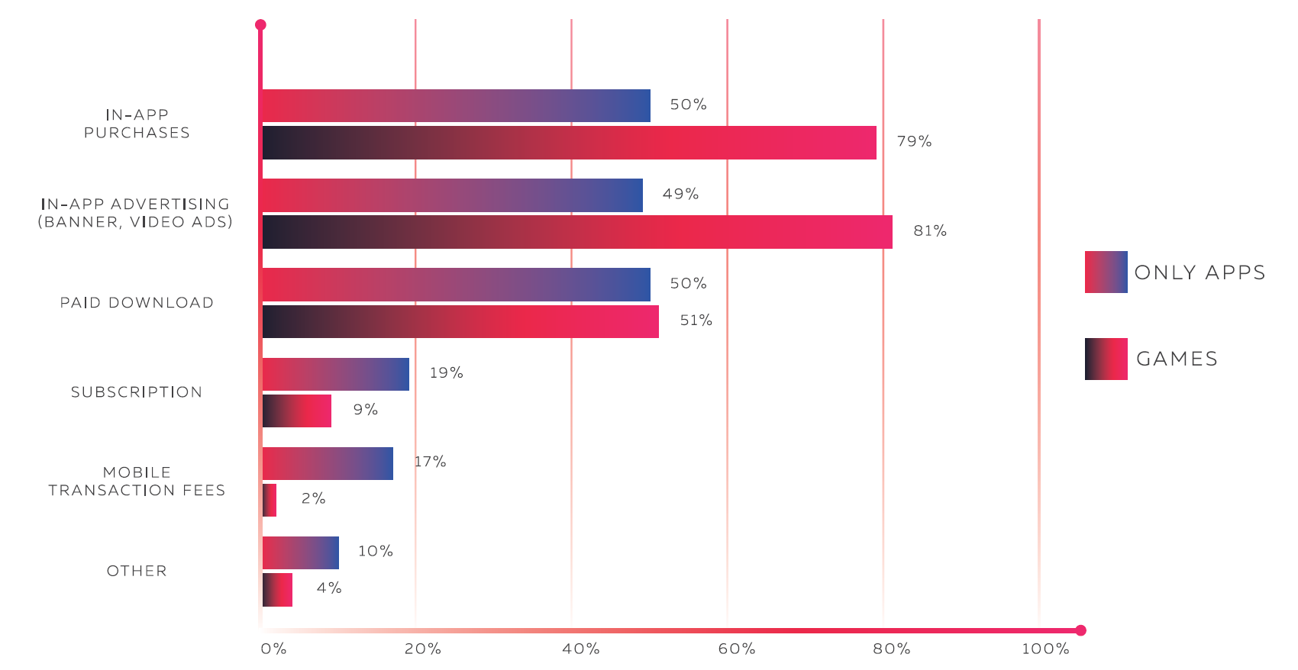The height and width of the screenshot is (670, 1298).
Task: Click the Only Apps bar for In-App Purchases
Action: [x=456, y=105]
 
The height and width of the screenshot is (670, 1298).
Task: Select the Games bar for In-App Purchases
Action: [x=569, y=143]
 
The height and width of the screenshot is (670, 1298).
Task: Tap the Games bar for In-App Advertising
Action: [x=577, y=232]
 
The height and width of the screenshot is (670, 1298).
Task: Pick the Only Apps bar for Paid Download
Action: [x=456, y=284]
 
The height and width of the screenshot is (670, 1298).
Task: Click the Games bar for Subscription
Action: [x=297, y=411]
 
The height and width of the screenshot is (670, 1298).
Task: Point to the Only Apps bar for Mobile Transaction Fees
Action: [x=328, y=463]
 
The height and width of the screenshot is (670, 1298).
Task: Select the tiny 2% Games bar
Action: [x=270, y=500]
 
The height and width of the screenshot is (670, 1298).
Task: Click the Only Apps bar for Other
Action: [x=301, y=552]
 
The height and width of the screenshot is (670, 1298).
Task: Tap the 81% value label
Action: [x=930, y=230]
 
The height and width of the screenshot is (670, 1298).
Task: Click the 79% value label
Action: [x=914, y=141]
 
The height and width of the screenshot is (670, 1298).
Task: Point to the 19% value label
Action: [x=446, y=372]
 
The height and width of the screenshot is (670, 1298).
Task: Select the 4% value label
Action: [x=329, y=588]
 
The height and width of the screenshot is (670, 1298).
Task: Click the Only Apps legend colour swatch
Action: [x=1106, y=272]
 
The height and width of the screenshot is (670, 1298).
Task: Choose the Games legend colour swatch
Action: [x=1106, y=359]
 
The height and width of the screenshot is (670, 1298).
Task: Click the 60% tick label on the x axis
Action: [x=737, y=649]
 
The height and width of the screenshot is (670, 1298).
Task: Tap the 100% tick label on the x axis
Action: [x=1045, y=649]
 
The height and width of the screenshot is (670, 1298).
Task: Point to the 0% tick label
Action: [x=273, y=649]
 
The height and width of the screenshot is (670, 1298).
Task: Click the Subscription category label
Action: [x=137, y=392]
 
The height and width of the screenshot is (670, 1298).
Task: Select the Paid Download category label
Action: [x=137, y=303]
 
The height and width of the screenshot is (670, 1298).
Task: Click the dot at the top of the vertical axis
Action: [x=260, y=25]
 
